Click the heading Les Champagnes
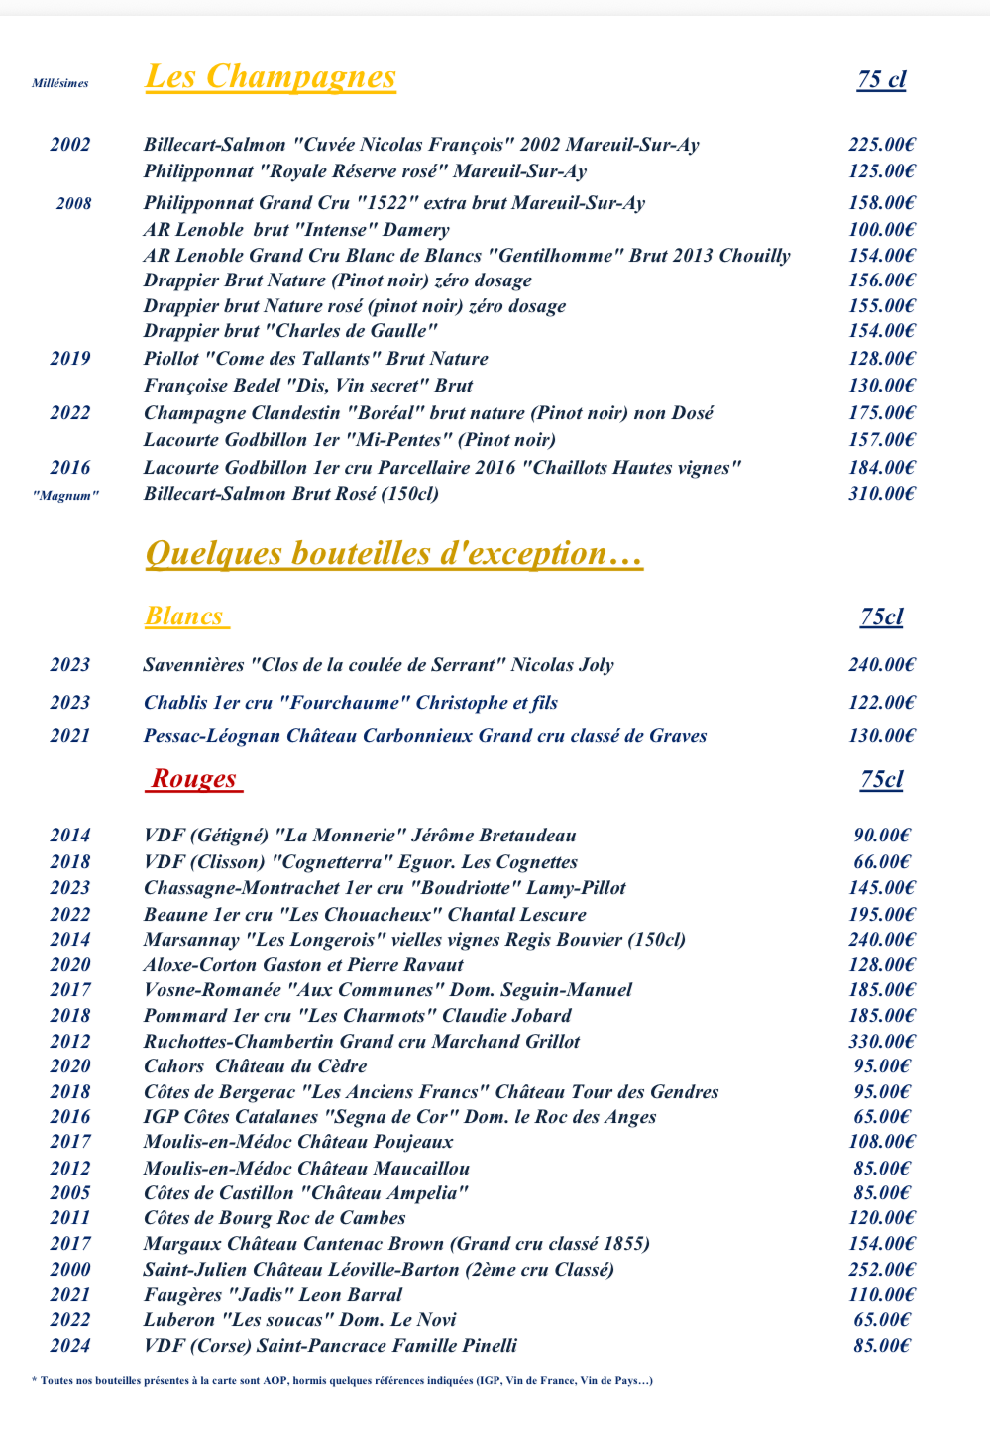271,77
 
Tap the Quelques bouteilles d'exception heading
393,553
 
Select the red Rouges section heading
194,779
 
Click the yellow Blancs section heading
185,616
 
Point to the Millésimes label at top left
60,83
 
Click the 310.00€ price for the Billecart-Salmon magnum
881,493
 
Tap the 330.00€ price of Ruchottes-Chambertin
881,1041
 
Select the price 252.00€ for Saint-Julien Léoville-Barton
881,1269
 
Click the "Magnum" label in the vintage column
65,495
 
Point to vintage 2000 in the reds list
70,1269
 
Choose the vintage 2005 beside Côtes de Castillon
70,1193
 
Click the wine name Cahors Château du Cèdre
255,1066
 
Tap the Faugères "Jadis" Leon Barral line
273,1294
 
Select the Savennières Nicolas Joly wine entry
379,665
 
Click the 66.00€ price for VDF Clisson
881,862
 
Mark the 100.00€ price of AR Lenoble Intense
881,230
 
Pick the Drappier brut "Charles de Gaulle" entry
290,331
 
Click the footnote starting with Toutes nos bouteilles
342,1380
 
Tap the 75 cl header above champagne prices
881,80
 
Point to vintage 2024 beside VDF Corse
70,1345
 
